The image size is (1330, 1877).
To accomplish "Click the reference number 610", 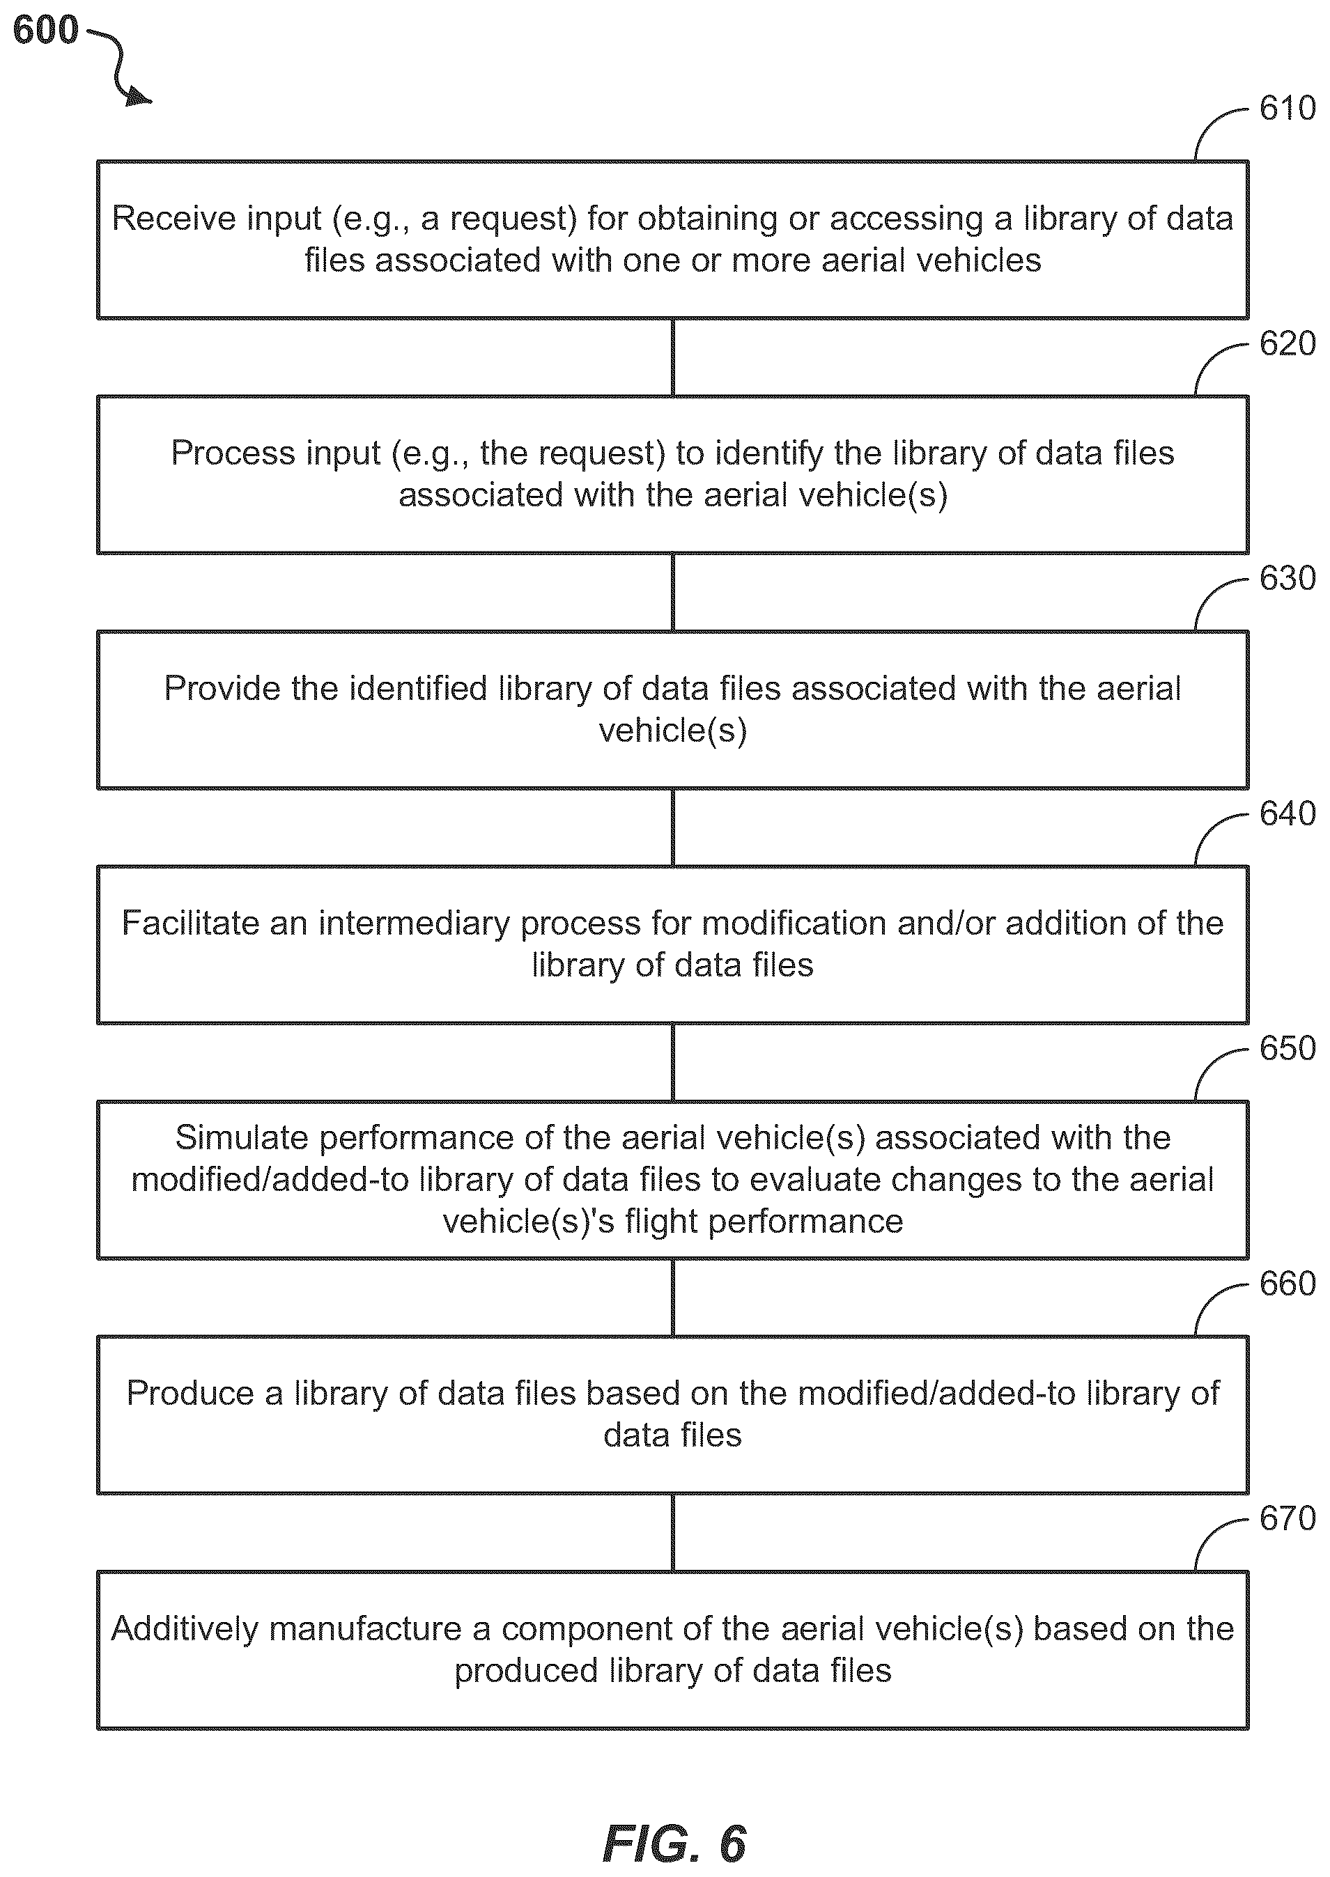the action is (1287, 109).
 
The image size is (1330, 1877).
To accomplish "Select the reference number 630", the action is (1287, 579).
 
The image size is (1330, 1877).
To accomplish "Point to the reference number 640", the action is (1287, 813).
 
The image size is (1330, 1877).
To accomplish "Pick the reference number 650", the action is (1287, 1049).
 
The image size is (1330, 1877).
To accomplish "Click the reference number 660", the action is (1287, 1284).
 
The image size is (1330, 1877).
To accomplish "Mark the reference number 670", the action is (1287, 1519).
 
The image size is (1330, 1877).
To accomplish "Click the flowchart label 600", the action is (46, 30).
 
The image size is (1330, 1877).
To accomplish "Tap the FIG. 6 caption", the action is (674, 1844).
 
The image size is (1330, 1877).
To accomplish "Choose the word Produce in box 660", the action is (190, 1393).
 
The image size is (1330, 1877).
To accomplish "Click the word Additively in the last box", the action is (186, 1628).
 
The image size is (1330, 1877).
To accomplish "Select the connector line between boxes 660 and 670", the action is (672, 1532).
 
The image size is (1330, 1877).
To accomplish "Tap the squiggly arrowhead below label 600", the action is (139, 98).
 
